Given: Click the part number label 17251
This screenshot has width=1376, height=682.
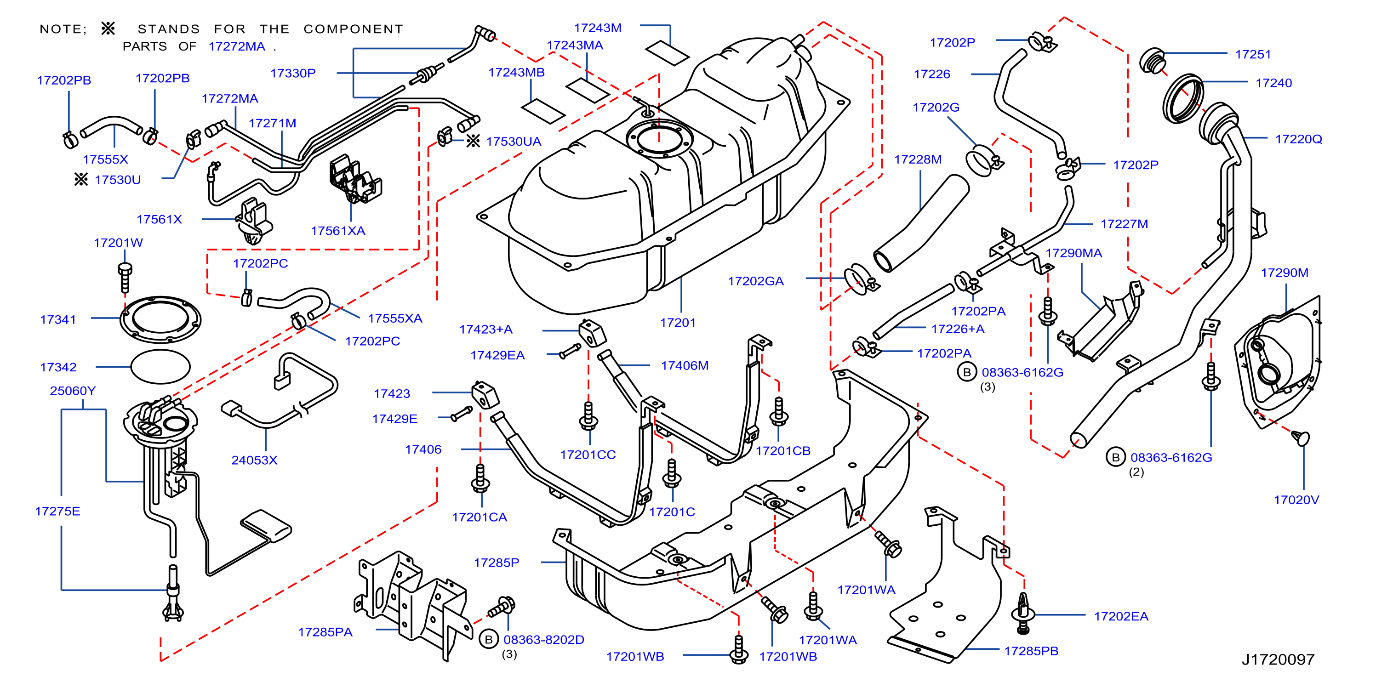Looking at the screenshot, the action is (x=1253, y=55).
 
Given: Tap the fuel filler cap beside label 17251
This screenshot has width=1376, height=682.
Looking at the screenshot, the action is (x=1152, y=60).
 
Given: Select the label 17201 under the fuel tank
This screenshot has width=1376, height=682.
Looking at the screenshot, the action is (x=678, y=323).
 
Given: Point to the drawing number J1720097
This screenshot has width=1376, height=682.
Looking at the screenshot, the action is (x=1278, y=659).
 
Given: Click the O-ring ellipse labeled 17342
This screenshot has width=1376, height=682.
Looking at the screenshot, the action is (x=160, y=367).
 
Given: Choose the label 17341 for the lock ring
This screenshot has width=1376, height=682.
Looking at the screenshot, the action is (x=58, y=319).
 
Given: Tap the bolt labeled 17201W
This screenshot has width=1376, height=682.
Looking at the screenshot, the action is (x=125, y=277).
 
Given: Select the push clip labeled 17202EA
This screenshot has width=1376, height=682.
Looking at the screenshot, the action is (x=1023, y=613).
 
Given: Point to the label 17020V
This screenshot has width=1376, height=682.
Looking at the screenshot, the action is (x=1296, y=500).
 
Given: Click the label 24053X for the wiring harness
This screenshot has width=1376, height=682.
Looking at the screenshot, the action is (x=254, y=460).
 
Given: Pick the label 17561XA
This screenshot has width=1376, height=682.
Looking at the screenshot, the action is (x=338, y=231).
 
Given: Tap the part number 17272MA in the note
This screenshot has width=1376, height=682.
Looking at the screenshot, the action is (x=237, y=46).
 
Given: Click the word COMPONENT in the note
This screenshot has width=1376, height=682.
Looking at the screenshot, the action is (x=353, y=29).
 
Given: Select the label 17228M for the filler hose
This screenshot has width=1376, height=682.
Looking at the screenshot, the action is (x=918, y=159).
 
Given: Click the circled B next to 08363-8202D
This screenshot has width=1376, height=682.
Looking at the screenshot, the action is (x=488, y=639).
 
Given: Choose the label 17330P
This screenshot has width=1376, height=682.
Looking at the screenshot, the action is (x=293, y=73).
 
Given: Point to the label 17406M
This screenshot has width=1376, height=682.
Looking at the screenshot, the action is (x=685, y=365).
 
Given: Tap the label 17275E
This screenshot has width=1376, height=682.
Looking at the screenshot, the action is (x=57, y=511).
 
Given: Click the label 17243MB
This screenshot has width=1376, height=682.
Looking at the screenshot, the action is (x=517, y=72).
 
